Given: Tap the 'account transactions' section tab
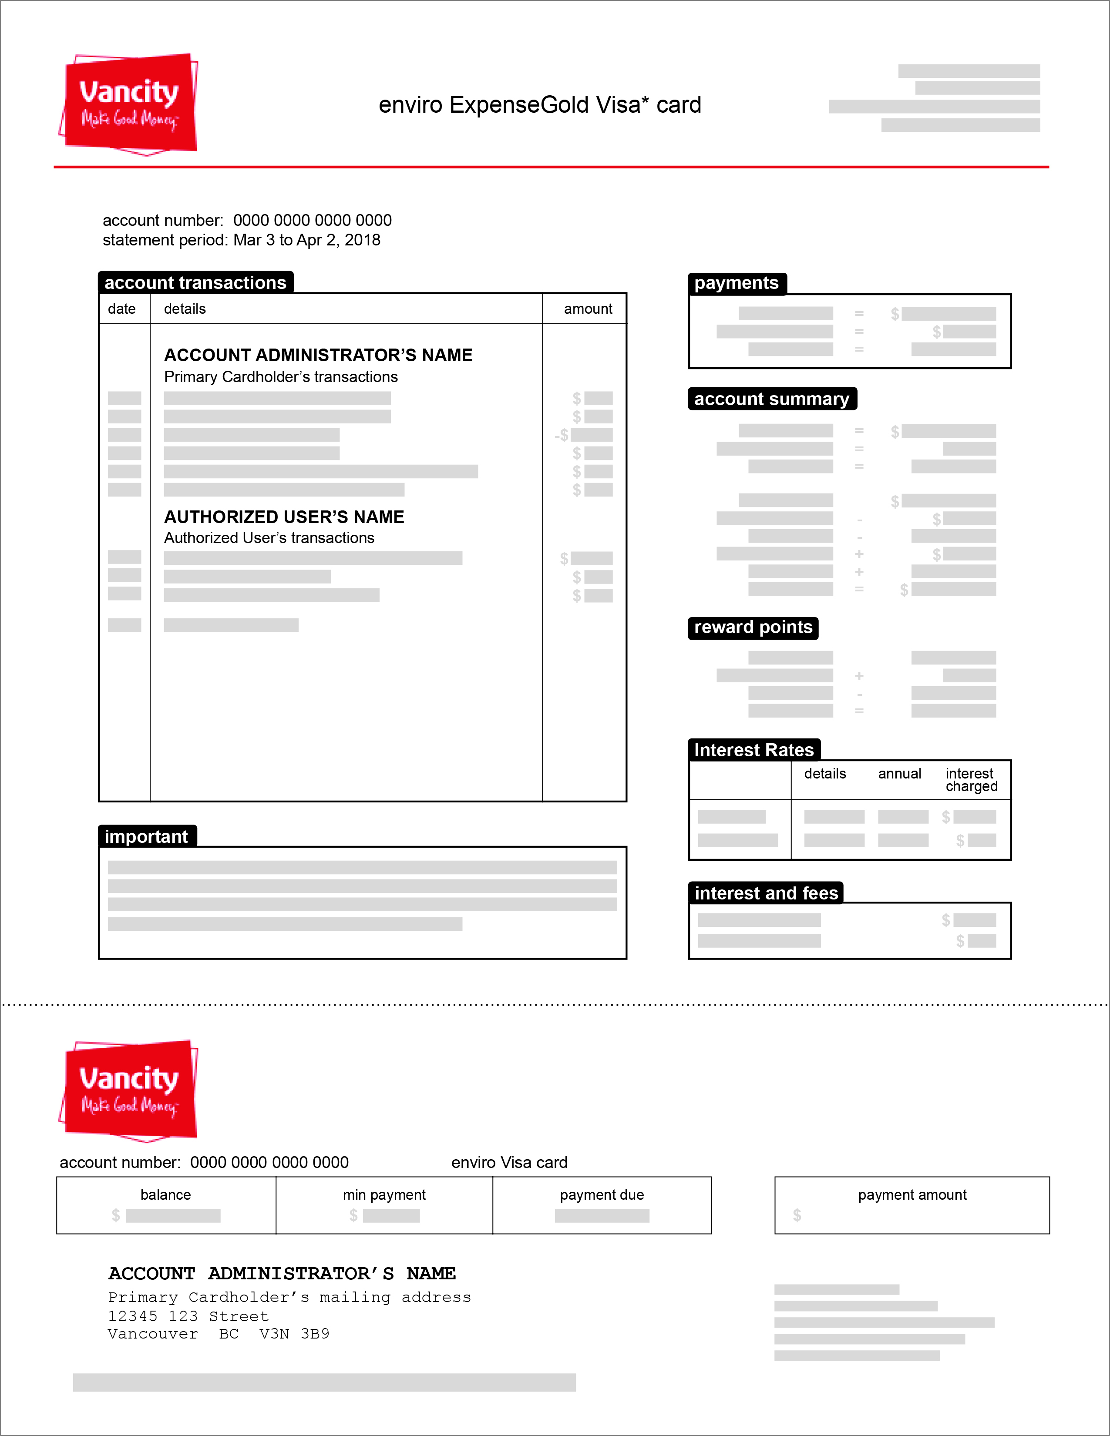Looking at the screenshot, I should [195, 283].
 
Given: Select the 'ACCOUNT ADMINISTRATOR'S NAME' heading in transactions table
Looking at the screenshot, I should [318, 355].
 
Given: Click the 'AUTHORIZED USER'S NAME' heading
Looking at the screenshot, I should [284, 517].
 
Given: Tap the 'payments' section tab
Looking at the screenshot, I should [737, 283].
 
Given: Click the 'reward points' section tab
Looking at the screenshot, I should [753, 627].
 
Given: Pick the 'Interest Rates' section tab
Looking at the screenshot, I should [753, 750].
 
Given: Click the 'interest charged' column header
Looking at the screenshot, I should [971, 780].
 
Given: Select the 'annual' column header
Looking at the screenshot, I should [900, 774].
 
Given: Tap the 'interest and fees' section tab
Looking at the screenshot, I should [766, 893].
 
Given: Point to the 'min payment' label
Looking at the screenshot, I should [384, 1194].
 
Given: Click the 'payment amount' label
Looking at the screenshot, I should [912, 1194].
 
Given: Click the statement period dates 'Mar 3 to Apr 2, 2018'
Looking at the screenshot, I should [306, 240].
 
